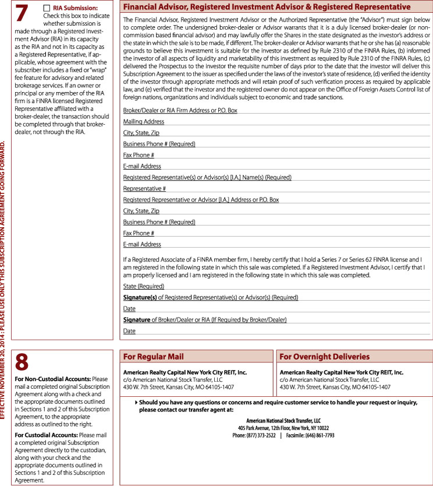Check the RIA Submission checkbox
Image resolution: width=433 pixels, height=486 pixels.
click(47, 8)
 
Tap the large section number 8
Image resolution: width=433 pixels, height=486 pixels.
click(22, 362)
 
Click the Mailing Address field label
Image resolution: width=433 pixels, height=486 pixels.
click(143, 122)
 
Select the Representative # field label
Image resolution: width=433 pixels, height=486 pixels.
click(144, 189)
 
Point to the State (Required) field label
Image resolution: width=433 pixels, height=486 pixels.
click(143, 286)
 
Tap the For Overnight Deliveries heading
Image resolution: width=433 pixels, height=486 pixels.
click(324, 357)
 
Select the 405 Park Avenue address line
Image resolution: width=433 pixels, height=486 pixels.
click(275, 427)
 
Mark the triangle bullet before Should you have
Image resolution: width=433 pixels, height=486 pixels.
click(136, 402)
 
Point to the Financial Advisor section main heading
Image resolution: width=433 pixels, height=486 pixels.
click(267, 7)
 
